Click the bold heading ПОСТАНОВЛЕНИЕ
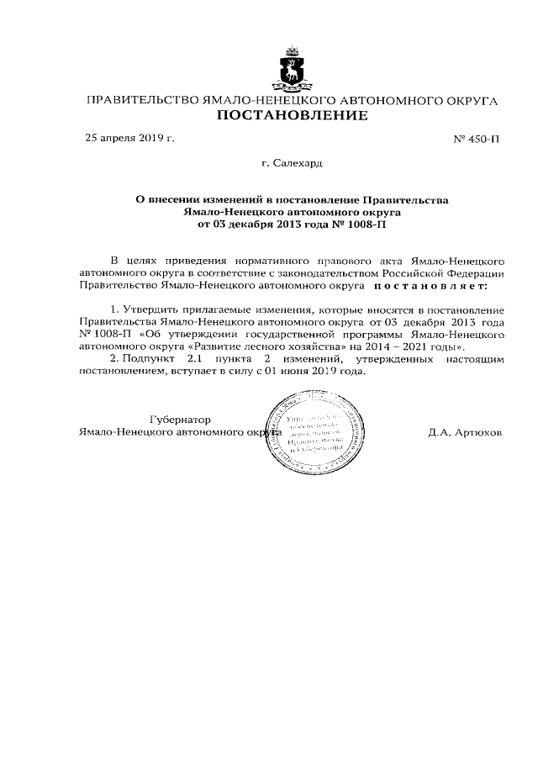pos(293,116)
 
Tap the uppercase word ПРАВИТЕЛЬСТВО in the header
pos(142,101)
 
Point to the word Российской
pos(419,273)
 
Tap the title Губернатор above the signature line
pos(179,419)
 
